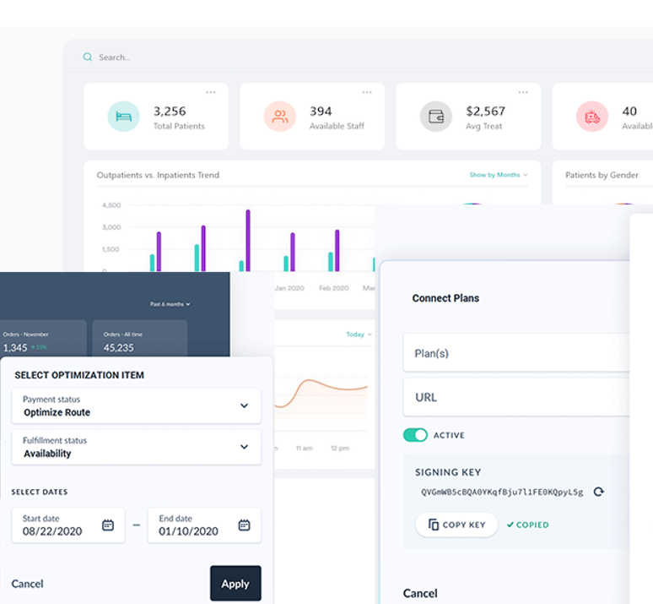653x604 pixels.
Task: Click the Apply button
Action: tap(235, 584)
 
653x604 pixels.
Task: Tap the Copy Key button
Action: tap(456, 525)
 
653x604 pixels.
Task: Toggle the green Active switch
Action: tap(416, 435)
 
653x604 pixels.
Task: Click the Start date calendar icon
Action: tap(108, 525)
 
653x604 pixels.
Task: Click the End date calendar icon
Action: tap(244, 525)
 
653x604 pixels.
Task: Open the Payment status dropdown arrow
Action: tap(244, 405)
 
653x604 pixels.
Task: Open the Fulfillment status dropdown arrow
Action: tap(244, 447)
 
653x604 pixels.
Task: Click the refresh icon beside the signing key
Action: tap(599, 492)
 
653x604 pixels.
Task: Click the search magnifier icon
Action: tap(88, 57)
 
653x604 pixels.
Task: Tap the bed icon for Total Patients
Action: tap(123, 117)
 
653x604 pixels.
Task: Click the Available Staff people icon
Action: tap(280, 117)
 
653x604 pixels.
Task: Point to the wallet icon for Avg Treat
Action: tap(436, 117)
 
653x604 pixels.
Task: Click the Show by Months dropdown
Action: tap(498, 175)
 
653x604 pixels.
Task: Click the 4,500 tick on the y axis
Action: tap(111, 205)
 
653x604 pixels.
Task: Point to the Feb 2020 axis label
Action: tap(333, 288)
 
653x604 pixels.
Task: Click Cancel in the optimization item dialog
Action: tap(27, 584)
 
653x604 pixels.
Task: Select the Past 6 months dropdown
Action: tap(170, 304)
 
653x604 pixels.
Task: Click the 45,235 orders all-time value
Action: tap(119, 347)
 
